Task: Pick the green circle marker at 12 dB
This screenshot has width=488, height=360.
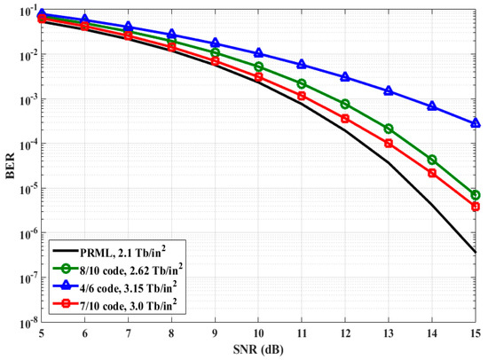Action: coord(345,105)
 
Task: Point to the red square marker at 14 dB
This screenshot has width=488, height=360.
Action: coord(432,173)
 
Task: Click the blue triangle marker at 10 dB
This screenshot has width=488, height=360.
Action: coord(258,54)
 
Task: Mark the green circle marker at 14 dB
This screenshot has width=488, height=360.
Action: coord(432,160)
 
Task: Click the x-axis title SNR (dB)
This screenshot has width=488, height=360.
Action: coord(259,351)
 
